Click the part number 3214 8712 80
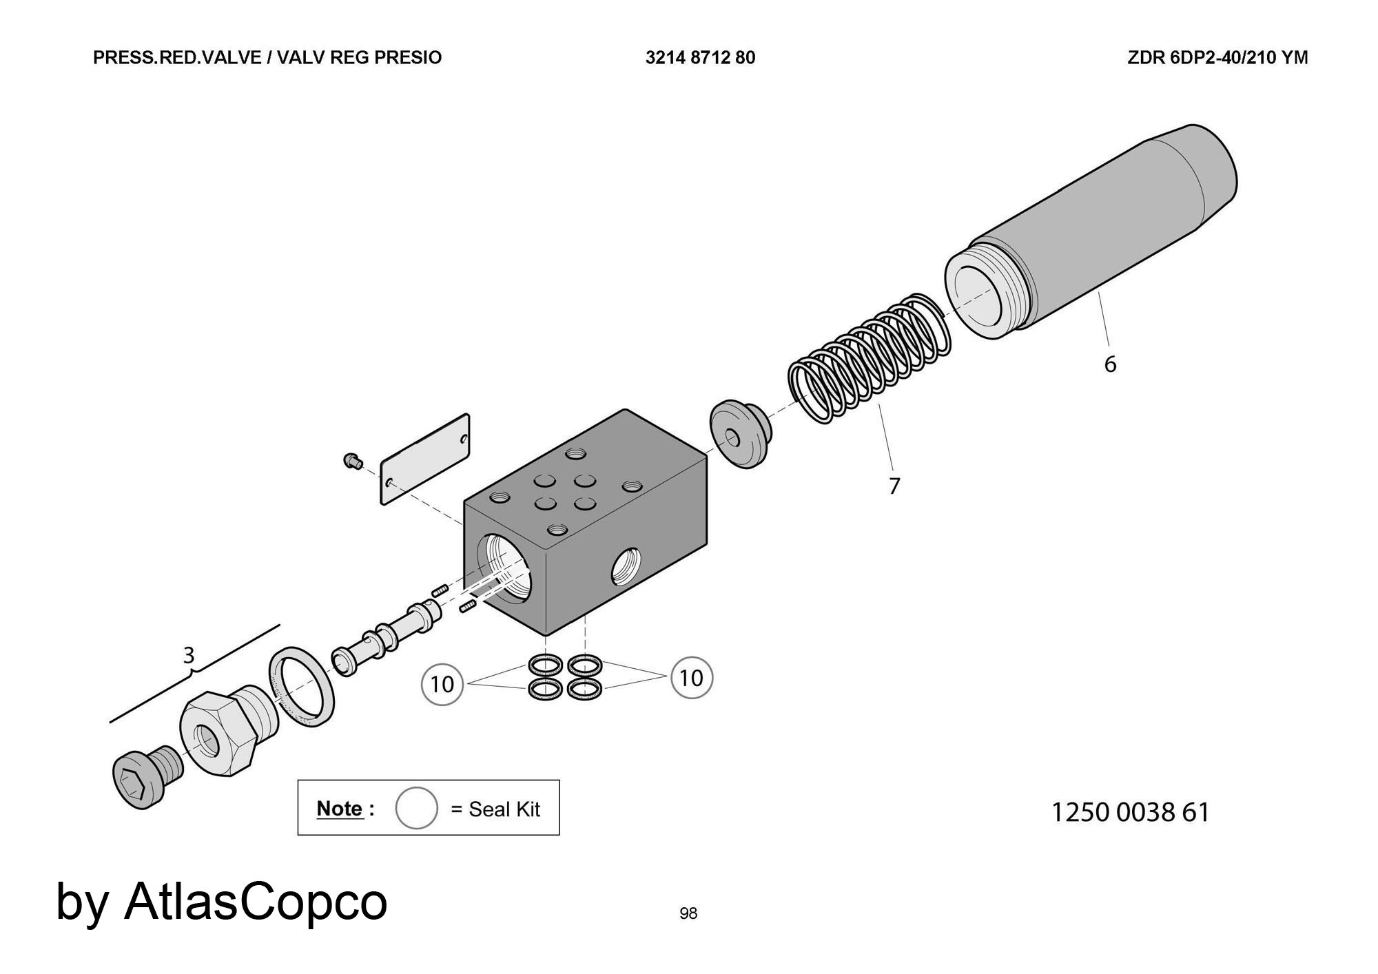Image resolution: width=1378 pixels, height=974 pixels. (x=700, y=58)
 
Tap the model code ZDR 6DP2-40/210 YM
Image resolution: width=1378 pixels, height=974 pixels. (x=1217, y=58)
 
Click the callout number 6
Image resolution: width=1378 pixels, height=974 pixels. (x=1110, y=364)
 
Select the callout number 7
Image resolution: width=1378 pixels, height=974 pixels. (x=894, y=486)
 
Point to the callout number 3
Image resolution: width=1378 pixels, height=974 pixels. (x=188, y=655)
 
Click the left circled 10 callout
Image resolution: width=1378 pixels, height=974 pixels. (x=442, y=684)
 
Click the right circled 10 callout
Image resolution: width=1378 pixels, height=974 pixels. (x=691, y=678)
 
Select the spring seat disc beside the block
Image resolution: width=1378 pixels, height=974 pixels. (x=739, y=434)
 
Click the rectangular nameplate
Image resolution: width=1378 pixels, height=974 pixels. (x=425, y=459)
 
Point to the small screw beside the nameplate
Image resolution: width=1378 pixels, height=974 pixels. (x=353, y=461)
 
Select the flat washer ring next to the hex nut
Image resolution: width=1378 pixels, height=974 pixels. (x=301, y=687)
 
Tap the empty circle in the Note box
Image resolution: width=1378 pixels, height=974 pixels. (x=416, y=808)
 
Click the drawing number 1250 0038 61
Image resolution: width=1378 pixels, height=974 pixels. (x=1130, y=813)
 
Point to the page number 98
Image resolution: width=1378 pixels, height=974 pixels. (x=688, y=913)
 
